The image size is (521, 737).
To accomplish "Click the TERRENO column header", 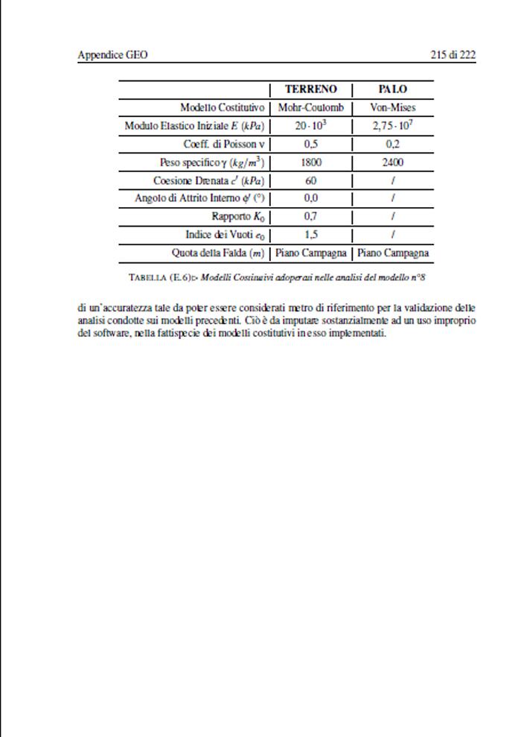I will tap(311, 89).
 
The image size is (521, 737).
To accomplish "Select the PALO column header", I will tap(392, 89).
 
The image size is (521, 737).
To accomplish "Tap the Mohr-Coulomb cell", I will tap(311, 107).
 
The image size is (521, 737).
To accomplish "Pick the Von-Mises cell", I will tap(392, 107).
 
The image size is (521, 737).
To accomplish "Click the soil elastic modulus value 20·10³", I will tap(311, 126).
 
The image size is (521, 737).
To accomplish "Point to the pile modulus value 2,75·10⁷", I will tap(392, 126).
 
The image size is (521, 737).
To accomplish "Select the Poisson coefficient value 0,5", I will tap(311, 144).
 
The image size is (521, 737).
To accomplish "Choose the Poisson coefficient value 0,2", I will tap(392, 144).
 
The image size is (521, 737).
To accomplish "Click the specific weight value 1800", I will tap(311, 162).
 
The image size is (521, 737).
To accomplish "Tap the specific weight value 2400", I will tap(392, 162).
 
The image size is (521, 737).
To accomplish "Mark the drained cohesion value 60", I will tap(311, 180).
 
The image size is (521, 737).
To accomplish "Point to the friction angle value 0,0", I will tap(311, 198).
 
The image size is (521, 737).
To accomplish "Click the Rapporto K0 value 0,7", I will tap(311, 217).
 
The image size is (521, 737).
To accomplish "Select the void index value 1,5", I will tap(311, 235).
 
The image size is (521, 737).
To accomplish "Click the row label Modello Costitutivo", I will tap(222, 107).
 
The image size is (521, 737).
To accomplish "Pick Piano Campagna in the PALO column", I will tap(392, 253).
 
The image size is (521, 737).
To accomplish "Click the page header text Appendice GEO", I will tap(112, 55).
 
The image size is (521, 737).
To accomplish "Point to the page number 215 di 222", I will tap(453, 55).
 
